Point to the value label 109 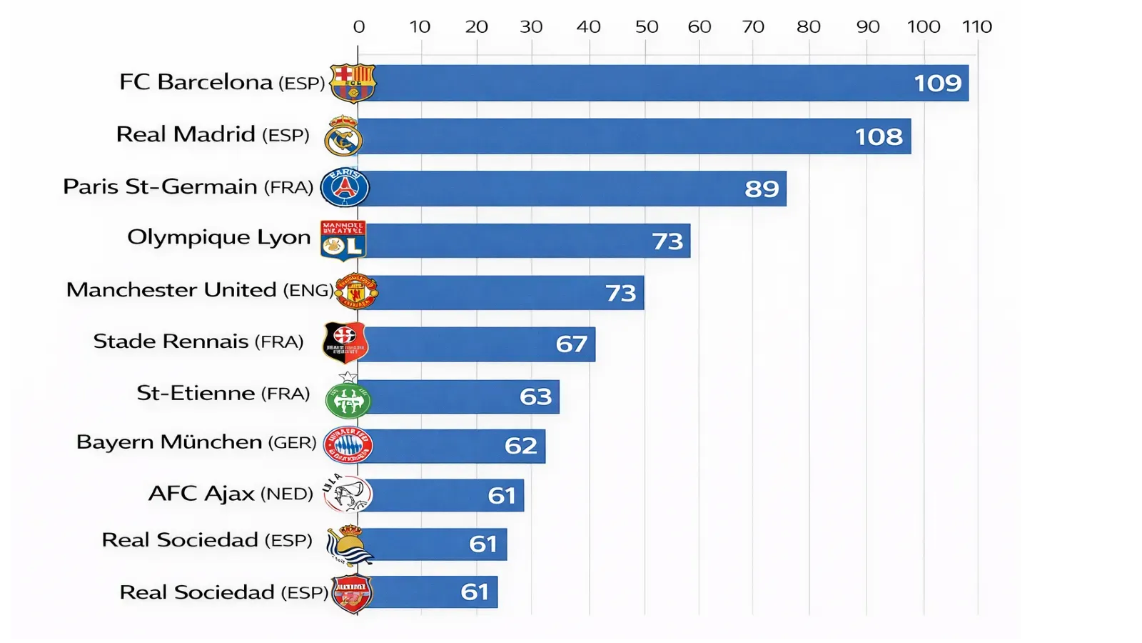tap(938, 84)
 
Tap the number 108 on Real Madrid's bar tap(879, 136)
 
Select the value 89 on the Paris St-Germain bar tap(762, 189)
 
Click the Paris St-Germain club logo tap(345, 188)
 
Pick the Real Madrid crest tap(343, 136)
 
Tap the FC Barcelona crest tap(353, 83)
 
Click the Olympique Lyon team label tap(218, 238)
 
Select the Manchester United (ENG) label tap(200, 290)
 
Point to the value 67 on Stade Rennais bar tap(572, 344)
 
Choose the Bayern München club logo tap(348, 445)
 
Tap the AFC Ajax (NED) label tap(231, 494)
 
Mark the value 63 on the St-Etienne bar tap(535, 397)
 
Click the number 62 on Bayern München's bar tap(520, 446)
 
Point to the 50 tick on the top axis tap(647, 27)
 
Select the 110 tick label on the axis tap(976, 27)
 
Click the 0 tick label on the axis tap(359, 27)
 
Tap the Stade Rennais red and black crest tap(345, 342)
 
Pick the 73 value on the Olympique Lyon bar tap(667, 241)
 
